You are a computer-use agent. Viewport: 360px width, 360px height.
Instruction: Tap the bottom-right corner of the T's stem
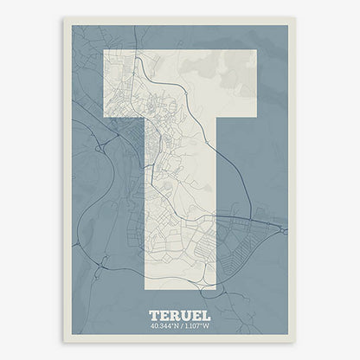pyautogui.click(x=216, y=286)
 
